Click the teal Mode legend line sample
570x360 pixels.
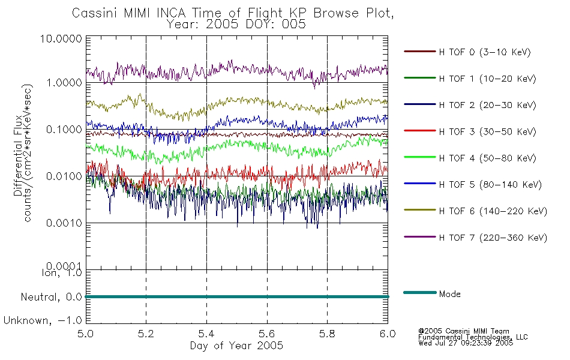(420, 292)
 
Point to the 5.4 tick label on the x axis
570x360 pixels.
(206, 334)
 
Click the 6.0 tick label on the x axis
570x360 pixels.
(388, 334)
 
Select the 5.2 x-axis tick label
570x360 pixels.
(146, 334)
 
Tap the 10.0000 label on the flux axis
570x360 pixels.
(61, 38)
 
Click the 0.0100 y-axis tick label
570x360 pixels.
(64, 176)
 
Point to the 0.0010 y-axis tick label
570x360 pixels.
(64, 223)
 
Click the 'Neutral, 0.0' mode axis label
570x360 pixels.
(51, 298)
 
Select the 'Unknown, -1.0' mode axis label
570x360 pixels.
(43, 321)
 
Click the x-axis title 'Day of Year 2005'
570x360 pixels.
(236, 346)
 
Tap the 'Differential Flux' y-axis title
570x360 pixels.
(18, 160)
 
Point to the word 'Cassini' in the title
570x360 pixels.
(95, 13)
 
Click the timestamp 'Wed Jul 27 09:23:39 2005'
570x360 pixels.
(466, 343)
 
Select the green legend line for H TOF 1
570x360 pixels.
(420, 78)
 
